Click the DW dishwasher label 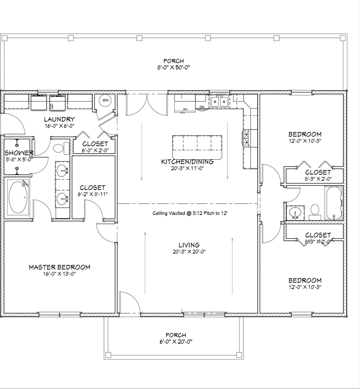click(x=202, y=107)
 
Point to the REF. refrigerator click(x=185, y=104)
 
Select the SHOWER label click(x=19, y=153)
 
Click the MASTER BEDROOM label click(x=59, y=267)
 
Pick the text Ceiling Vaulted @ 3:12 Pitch click(x=190, y=213)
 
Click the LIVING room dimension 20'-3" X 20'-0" click(x=189, y=251)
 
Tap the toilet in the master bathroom click(x=59, y=148)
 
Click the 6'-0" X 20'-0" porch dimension click(x=176, y=342)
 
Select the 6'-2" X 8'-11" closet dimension click(x=93, y=194)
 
